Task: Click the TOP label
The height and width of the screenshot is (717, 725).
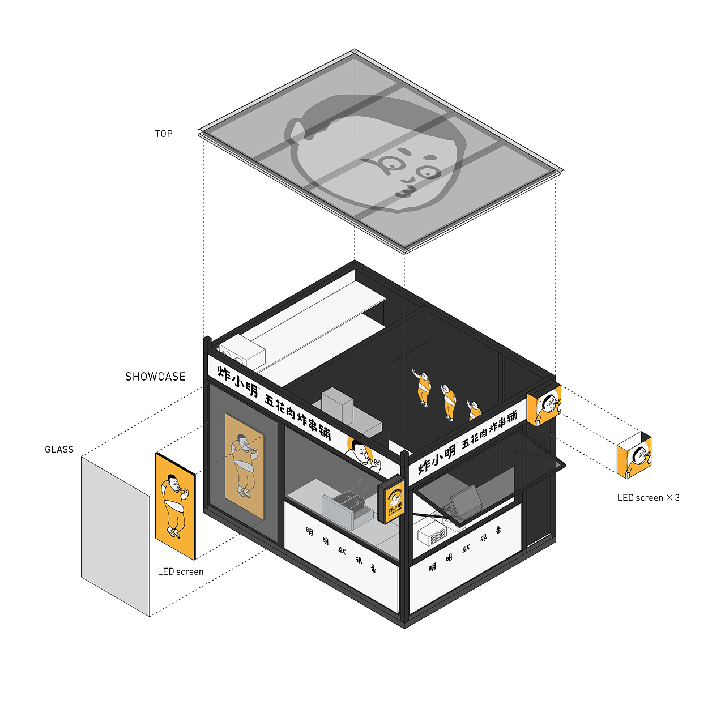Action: (x=164, y=134)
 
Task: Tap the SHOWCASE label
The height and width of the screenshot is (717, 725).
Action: (x=155, y=377)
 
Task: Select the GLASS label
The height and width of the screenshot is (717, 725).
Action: (x=59, y=450)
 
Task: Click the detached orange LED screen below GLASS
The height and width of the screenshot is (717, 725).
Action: (x=175, y=505)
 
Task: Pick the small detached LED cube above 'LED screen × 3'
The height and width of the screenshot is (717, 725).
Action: (x=634, y=455)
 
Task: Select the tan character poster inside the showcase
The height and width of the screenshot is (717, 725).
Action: (x=245, y=466)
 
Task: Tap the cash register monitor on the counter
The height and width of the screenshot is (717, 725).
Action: (x=466, y=499)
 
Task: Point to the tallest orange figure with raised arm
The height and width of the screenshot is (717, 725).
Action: (x=423, y=387)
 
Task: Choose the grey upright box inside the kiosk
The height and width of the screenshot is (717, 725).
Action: (x=337, y=406)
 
